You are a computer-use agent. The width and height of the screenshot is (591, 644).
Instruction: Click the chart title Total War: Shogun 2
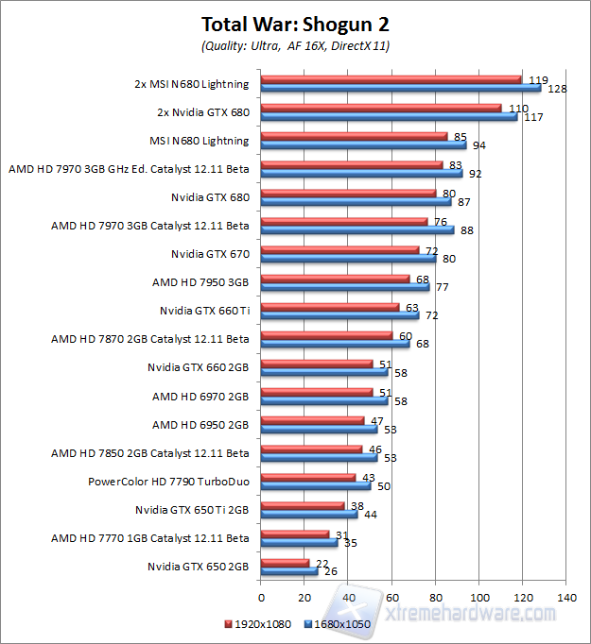click(x=295, y=24)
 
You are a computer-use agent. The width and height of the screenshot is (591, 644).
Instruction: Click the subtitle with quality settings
click(x=295, y=45)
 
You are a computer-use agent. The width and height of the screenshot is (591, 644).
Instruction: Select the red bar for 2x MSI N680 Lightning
click(x=391, y=79)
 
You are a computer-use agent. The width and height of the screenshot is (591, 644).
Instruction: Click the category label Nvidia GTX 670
click(x=210, y=254)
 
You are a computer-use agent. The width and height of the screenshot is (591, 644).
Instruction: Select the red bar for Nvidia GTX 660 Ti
click(x=330, y=307)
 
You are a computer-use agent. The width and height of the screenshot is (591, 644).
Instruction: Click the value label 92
click(x=474, y=174)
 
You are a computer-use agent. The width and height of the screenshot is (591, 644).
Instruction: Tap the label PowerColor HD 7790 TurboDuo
click(x=168, y=482)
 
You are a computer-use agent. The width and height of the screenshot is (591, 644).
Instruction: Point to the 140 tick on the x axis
click(x=567, y=597)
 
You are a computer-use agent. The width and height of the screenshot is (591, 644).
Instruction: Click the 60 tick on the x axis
click(x=392, y=597)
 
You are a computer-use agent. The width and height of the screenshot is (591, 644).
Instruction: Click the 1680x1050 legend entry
click(x=339, y=625)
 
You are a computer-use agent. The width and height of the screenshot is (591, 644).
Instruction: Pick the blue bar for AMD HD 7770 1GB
click(x=299, y=542)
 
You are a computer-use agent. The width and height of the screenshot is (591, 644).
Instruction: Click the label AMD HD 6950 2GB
click(x=200, y=424)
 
